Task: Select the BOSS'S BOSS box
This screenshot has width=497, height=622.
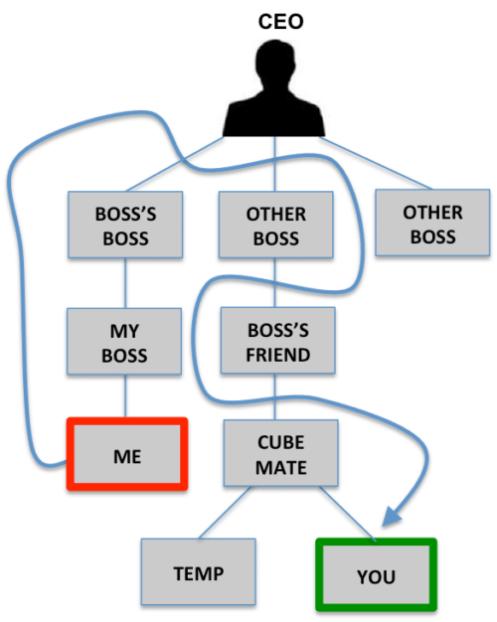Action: click(125, 226)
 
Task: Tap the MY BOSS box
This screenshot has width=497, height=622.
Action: click(124, 343)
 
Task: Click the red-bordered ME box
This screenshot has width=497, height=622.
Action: click(127, 455)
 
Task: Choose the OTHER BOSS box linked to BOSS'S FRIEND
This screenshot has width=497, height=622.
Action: click(275, 226)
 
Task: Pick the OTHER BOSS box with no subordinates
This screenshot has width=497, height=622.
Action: click(432, 225)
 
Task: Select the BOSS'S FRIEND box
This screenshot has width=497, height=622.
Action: click(278, 342)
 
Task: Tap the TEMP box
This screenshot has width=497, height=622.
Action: click(198, 573)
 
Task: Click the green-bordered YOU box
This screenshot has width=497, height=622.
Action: click(376, 574)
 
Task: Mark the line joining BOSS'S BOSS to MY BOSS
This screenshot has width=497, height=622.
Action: click(125, 284)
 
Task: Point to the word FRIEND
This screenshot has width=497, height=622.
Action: click(278, 355)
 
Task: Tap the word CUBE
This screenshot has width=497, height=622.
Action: click(280, 442)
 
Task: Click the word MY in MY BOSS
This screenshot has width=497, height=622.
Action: click(124, 331)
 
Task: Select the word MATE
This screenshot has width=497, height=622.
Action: click(280, 466)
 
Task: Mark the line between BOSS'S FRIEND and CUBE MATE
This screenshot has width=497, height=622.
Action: click(277, 397)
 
